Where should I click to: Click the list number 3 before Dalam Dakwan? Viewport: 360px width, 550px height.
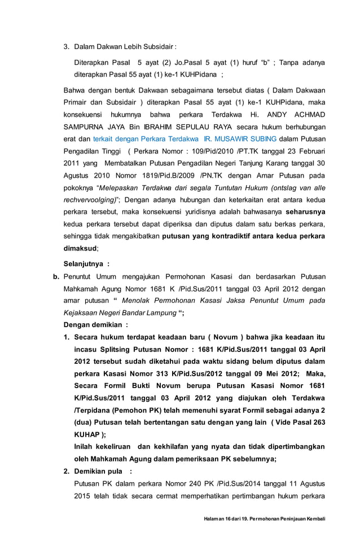click(x=65, y=46)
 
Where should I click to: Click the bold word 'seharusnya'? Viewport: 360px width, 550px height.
click(x=305, y=212)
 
